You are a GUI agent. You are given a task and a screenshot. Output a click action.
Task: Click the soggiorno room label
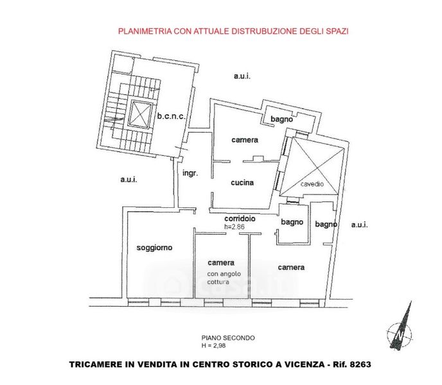154,248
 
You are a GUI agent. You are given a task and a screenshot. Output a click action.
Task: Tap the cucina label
242,182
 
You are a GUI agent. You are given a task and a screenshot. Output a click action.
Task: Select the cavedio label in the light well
312,184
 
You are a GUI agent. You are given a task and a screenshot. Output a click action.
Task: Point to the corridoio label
240,218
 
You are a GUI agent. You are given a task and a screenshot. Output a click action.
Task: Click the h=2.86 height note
234,227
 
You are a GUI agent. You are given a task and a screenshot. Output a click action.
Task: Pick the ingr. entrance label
190,173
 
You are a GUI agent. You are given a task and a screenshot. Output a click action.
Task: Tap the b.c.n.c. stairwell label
171,116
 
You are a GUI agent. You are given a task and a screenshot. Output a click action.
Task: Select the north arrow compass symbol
400,327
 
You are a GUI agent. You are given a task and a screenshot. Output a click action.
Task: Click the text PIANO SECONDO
228,338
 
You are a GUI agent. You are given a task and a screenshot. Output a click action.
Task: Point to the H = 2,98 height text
213,345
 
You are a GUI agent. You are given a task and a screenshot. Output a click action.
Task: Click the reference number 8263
360,364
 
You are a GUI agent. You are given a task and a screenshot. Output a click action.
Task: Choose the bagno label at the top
281,119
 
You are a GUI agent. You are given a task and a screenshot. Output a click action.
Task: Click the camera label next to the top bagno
245,140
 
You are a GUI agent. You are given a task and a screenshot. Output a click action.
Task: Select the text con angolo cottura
224,278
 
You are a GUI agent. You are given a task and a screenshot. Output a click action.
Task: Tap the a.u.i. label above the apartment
242,76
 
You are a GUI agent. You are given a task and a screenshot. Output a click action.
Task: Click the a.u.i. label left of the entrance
129,180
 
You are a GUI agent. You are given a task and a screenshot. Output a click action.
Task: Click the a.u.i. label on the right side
359,225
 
